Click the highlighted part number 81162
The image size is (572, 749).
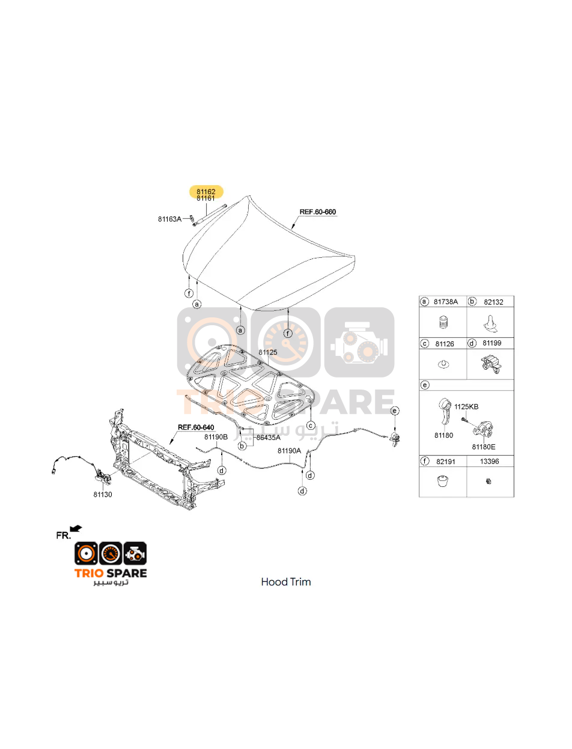(206, 192)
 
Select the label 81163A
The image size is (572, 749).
(169, 219)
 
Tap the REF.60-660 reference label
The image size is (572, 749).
(318, 212)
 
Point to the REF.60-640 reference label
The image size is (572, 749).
(196, 427)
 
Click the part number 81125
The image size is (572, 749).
(268, 352)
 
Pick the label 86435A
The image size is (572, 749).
(269, 438)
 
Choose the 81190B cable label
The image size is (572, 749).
(216, 437)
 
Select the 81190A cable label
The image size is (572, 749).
(289, 451)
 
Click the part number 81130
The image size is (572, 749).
(103, 495)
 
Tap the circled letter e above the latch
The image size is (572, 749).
(395, 411)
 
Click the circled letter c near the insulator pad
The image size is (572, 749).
(311, 426)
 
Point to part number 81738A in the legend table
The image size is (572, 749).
(445, 302)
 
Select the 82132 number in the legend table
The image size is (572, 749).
(493, 302)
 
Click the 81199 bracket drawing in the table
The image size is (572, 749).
(491, 364)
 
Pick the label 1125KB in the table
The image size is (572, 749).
(466, 407)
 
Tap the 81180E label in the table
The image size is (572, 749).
(484, 447)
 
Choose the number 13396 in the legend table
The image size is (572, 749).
(489, 461)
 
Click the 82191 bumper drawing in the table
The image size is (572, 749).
(443, 481)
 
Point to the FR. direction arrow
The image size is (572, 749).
(76, 528)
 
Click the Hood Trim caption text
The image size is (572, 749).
(286, 582)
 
